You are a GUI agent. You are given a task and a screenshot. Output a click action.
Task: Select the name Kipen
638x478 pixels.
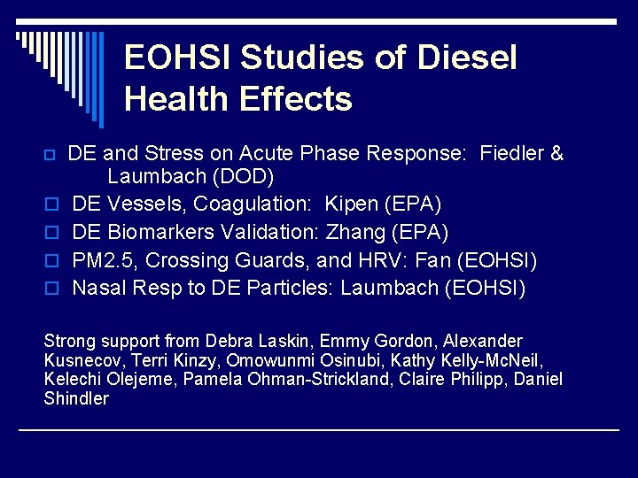pos(352,204)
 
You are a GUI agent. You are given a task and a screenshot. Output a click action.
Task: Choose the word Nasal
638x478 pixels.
pos(98,288)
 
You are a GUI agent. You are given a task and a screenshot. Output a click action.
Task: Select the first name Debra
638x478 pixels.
pos(229,341)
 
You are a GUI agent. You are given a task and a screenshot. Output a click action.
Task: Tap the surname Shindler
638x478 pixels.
pos(76,398)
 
